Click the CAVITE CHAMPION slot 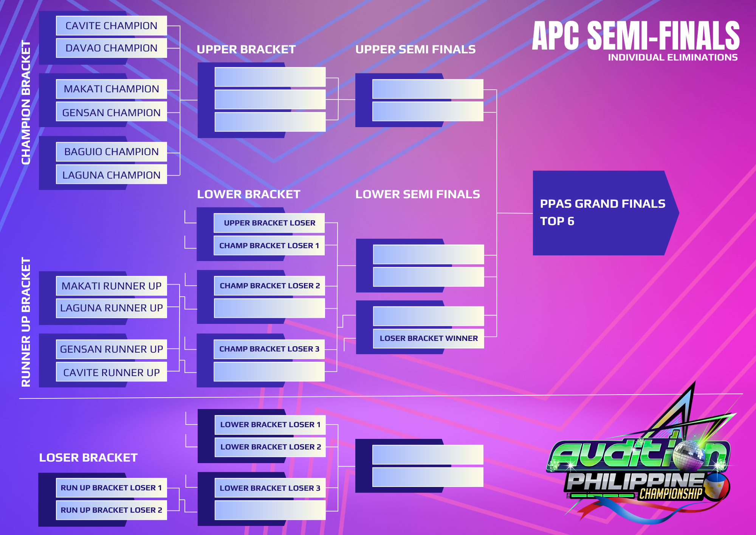(112, 26)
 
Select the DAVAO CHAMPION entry (112, 48)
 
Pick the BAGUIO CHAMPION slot (112, 152)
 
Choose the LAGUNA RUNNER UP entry (112, 308)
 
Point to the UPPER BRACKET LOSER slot (269, 223)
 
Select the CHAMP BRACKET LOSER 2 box (270, 286)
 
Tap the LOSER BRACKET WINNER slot (429, 339)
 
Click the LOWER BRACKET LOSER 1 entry (270, 425)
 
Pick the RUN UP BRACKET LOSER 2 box (112, 510)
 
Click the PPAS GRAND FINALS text (603, 204)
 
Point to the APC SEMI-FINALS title (636, 36)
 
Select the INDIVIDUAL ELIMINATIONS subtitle (673, 58)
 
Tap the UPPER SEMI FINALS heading (415, 50)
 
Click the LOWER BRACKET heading (249, 194)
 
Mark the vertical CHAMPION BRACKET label (26, 103)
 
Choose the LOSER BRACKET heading (88, 458)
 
